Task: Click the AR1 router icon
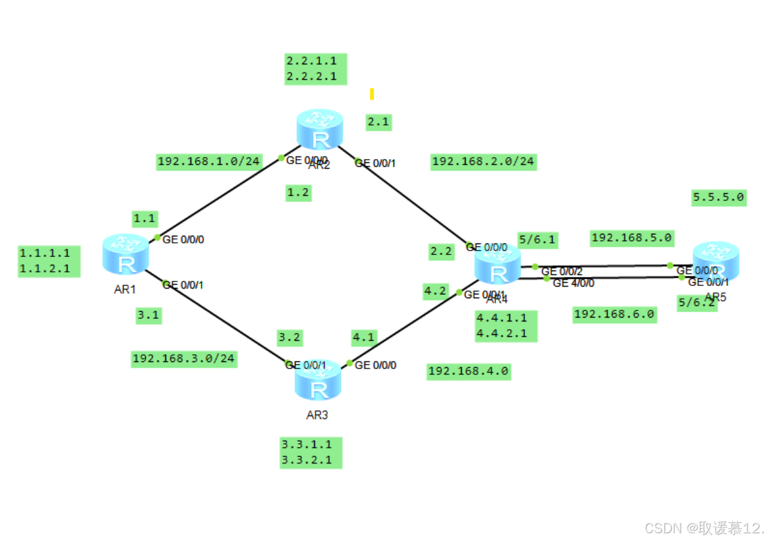point(126,254)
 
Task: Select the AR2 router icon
point(320,131)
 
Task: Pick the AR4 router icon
point(498,265)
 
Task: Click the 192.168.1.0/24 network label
point(209,161)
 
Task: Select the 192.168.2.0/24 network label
point(483,161)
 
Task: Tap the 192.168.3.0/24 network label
point(184,358)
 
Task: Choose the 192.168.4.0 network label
point(469,371)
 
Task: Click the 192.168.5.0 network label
point(632,238)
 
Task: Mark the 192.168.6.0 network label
point(614,314)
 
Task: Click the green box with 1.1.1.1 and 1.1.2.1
point(49,260)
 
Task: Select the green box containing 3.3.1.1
point(311,452)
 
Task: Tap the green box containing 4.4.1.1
point(506,325)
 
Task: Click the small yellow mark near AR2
point(372,94)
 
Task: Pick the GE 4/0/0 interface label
point(573,283)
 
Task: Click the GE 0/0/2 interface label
point(562,271)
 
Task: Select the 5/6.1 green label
point(537,240)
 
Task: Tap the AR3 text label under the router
point(317,415)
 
